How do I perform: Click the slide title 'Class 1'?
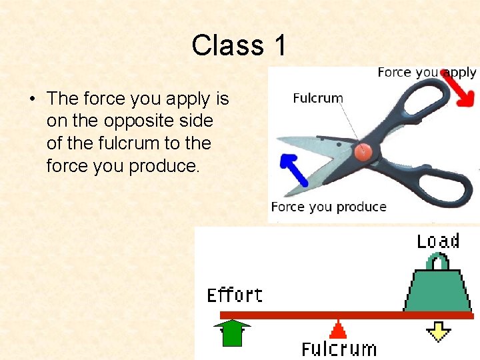coord(239,45)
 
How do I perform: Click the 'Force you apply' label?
coord(427,72)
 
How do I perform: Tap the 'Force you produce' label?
coord(329,207)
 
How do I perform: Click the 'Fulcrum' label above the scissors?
coord(318,98)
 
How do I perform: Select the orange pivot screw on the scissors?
coord(364,151)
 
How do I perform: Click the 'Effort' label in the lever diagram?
coord(235,295)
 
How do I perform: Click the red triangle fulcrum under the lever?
coord(339,329)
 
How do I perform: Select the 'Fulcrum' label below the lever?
coord(339,349)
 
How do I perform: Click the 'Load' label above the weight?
coord(438,241)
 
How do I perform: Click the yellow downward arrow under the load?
coord(438,331)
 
